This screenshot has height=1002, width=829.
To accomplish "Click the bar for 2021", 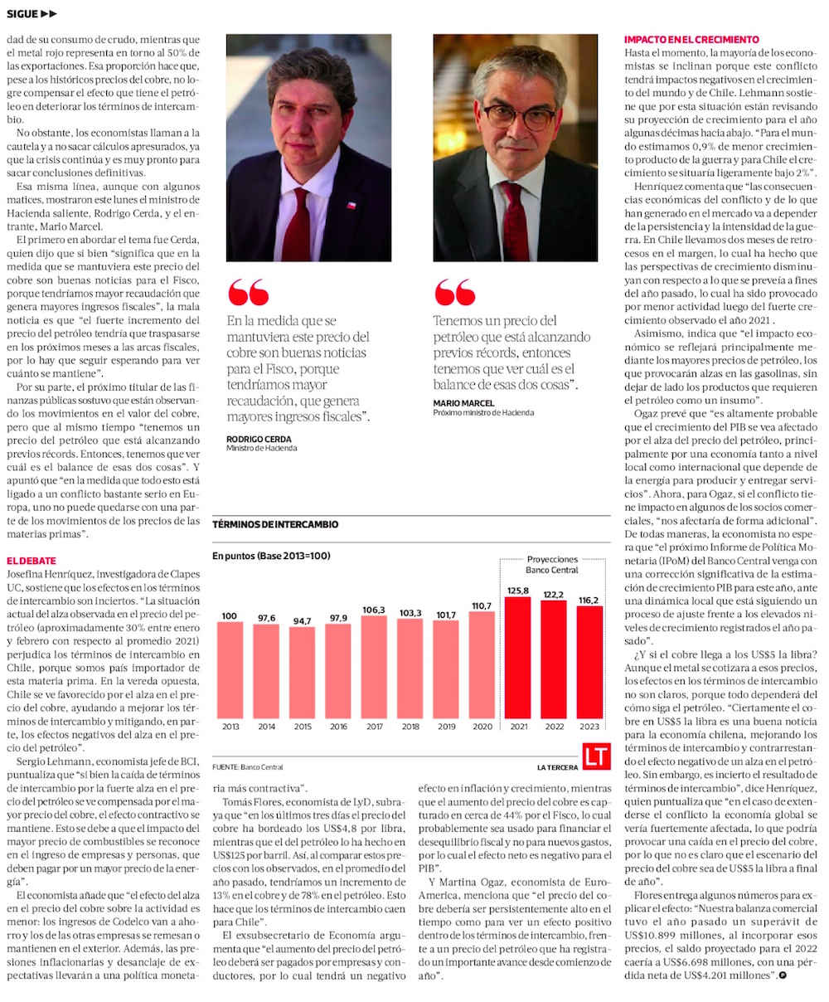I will point(517,657).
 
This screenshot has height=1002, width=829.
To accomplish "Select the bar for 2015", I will point(302,672).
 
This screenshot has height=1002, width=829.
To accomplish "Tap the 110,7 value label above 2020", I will point(482,606).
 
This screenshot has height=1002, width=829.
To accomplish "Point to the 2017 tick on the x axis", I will point(374,727).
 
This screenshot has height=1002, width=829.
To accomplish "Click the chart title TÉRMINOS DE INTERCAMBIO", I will point(275,524).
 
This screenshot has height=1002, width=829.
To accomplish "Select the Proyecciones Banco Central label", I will point(552,564).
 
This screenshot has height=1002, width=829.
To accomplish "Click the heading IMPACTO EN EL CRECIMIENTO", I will point(691,40).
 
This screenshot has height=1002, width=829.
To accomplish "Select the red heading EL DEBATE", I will point(31,562).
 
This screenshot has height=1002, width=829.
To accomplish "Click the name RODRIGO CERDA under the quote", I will point(259,439).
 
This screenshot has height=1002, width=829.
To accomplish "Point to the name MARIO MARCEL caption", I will point(463,403).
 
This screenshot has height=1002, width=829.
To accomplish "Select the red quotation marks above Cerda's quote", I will point(247,292).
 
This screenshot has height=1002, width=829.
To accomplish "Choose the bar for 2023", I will point(589,662).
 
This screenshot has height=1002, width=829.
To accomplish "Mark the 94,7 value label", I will point(302,620).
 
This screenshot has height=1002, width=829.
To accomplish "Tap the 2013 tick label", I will point(230,727).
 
